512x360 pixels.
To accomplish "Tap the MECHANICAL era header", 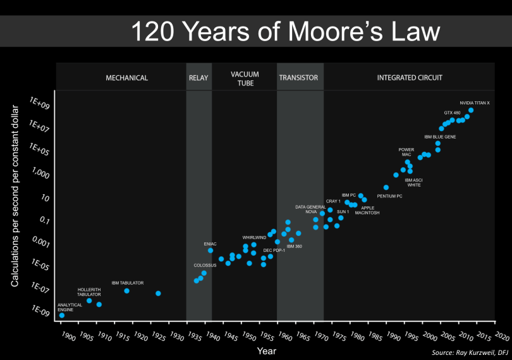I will click(x=126, y=78).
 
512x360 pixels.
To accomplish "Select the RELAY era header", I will click(x=198, y=78).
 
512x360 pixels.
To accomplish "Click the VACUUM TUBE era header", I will click(x=244, y=78).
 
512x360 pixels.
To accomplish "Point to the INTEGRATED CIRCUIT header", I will click(x=410, y=78).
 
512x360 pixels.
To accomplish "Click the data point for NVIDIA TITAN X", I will click(x=471, y=110).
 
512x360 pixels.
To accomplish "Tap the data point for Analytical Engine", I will click(x=61, y=315).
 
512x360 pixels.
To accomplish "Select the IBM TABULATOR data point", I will click(x=127, y=290).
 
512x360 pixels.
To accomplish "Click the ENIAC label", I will click(x=210, y=244).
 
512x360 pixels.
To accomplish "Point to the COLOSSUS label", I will click(x=205, y=265).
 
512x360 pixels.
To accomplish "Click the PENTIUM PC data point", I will click(x=386, y=187).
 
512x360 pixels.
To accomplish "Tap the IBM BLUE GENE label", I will click(x=437, y=136).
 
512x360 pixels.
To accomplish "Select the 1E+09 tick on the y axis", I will click(x=40, y=105).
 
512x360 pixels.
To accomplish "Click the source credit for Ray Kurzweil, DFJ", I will click(x=470, y=352).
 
